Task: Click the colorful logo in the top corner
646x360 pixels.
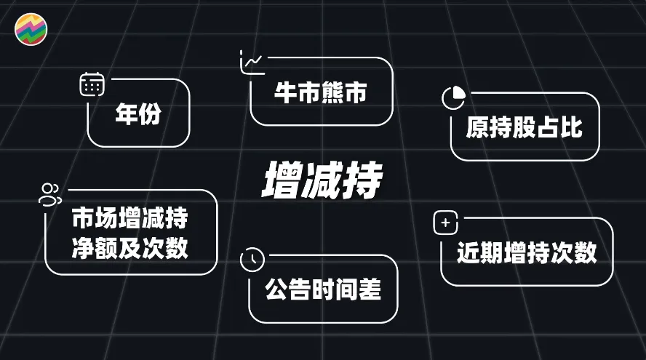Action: click(31, 29)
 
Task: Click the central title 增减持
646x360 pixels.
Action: click(322, 181)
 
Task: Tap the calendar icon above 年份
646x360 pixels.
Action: click(92, 84)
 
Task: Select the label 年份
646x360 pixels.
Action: click(138, 115)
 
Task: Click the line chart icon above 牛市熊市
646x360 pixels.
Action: click(252, 63)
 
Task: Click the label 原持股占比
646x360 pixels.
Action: click(525, 128)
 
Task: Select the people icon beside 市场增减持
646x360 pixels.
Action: click(50, 193)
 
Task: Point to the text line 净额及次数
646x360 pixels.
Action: click(130, 248)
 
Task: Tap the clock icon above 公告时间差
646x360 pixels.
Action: click(252, 259)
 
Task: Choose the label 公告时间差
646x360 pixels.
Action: click(323, 290)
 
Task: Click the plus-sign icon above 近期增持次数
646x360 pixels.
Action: click(445, 223)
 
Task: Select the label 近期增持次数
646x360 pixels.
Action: click(527, 252)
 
